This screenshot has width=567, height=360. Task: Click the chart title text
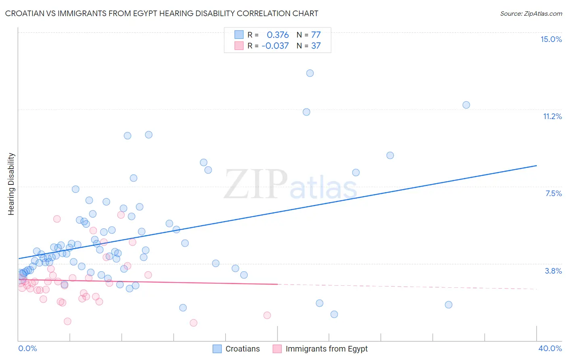coord(161,13)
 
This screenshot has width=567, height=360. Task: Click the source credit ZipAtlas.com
coord(531,13)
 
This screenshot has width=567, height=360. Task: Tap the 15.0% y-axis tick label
coord(551,39)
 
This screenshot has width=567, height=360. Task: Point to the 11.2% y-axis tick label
coord(552,116)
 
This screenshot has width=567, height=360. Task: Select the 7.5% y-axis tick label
coord(553,193)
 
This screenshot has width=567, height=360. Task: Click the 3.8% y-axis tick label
coord(553,271)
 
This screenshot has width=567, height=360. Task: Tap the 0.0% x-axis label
coord(27,348)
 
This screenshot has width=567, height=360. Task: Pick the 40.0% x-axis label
coord(550,348)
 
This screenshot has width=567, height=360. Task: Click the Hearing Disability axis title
coord(11,184)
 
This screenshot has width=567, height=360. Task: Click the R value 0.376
coord(277,35)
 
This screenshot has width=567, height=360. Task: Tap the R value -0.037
coord(275,46)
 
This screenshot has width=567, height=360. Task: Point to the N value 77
coord(316,35)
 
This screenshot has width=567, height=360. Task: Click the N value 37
coord(316,46)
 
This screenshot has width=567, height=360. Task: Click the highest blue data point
coord(310,73)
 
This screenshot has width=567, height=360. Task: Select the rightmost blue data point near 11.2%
coord(466,105)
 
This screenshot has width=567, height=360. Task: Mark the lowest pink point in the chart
coord(193,322)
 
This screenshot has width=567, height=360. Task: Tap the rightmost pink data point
coord(267,315)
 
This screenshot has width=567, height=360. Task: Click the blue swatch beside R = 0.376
coord(239,35)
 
